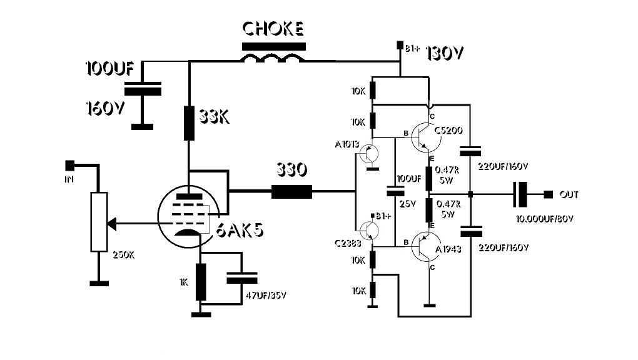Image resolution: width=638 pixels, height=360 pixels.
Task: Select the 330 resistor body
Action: coord(291,191)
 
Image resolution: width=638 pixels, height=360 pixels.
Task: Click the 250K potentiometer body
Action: coord(99,222)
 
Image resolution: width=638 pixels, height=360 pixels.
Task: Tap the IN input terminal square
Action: coord(70,165)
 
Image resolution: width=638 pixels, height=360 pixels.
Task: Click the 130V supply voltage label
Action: coord(445,54)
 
